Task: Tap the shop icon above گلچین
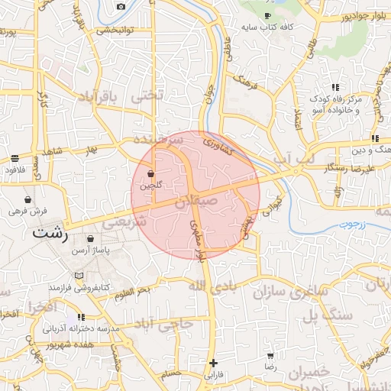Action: pyautogui.click(x=150, y=174)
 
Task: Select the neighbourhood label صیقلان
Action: pyautogui.click(x=196, y=202)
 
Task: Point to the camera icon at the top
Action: pyautogui.click(x=121, y=7)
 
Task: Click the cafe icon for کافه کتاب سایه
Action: pyautogui.click(x=267, y=15)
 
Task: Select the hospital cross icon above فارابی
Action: pyautogui.click(x=213, y=363)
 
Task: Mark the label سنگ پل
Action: pyautogui.click(x=336, y=315)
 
